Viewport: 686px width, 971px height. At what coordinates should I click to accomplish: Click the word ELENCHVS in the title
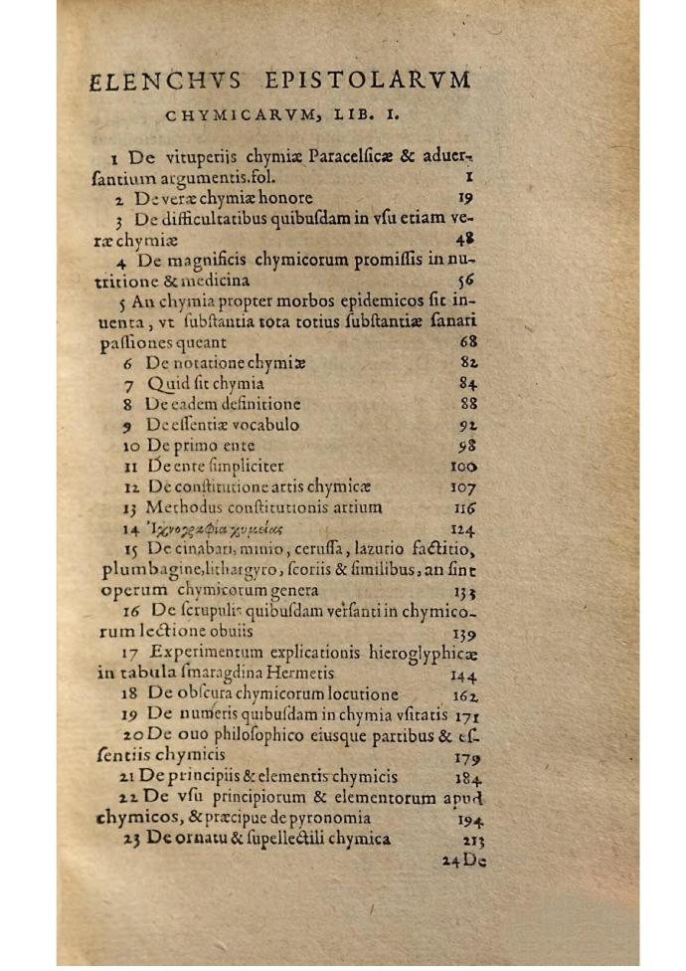pos(148,81)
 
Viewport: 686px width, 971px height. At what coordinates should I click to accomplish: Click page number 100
pos(463,466)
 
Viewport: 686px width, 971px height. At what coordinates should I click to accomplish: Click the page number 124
pos(464,528)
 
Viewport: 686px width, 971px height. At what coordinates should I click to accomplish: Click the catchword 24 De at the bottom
pos(463,861)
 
